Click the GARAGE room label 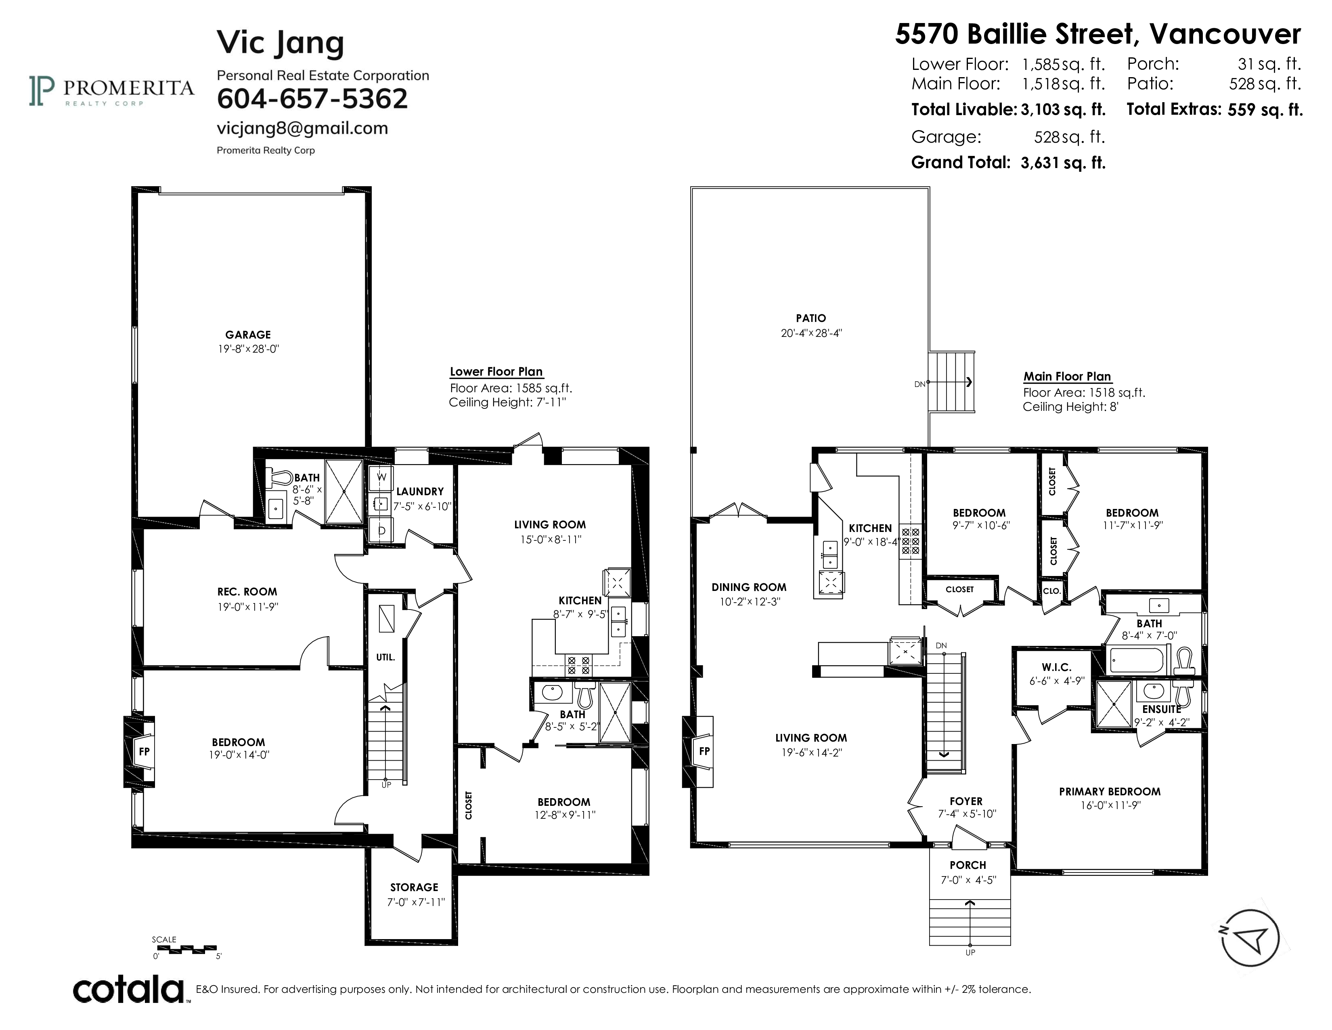click(x=247, y=334)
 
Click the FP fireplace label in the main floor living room click(x=704, y=751)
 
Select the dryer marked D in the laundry click(x=381, y=530)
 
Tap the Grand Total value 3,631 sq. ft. click(x=1063, y=163)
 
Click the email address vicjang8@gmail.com click(x=302, y=128)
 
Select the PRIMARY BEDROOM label click(x=1109, y=791)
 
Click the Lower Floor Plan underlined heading click(x=496, y=372)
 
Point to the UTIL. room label click(x=385, y=657)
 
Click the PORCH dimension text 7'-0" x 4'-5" click(x=968, y=880)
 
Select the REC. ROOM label click(x=247, y=591)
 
